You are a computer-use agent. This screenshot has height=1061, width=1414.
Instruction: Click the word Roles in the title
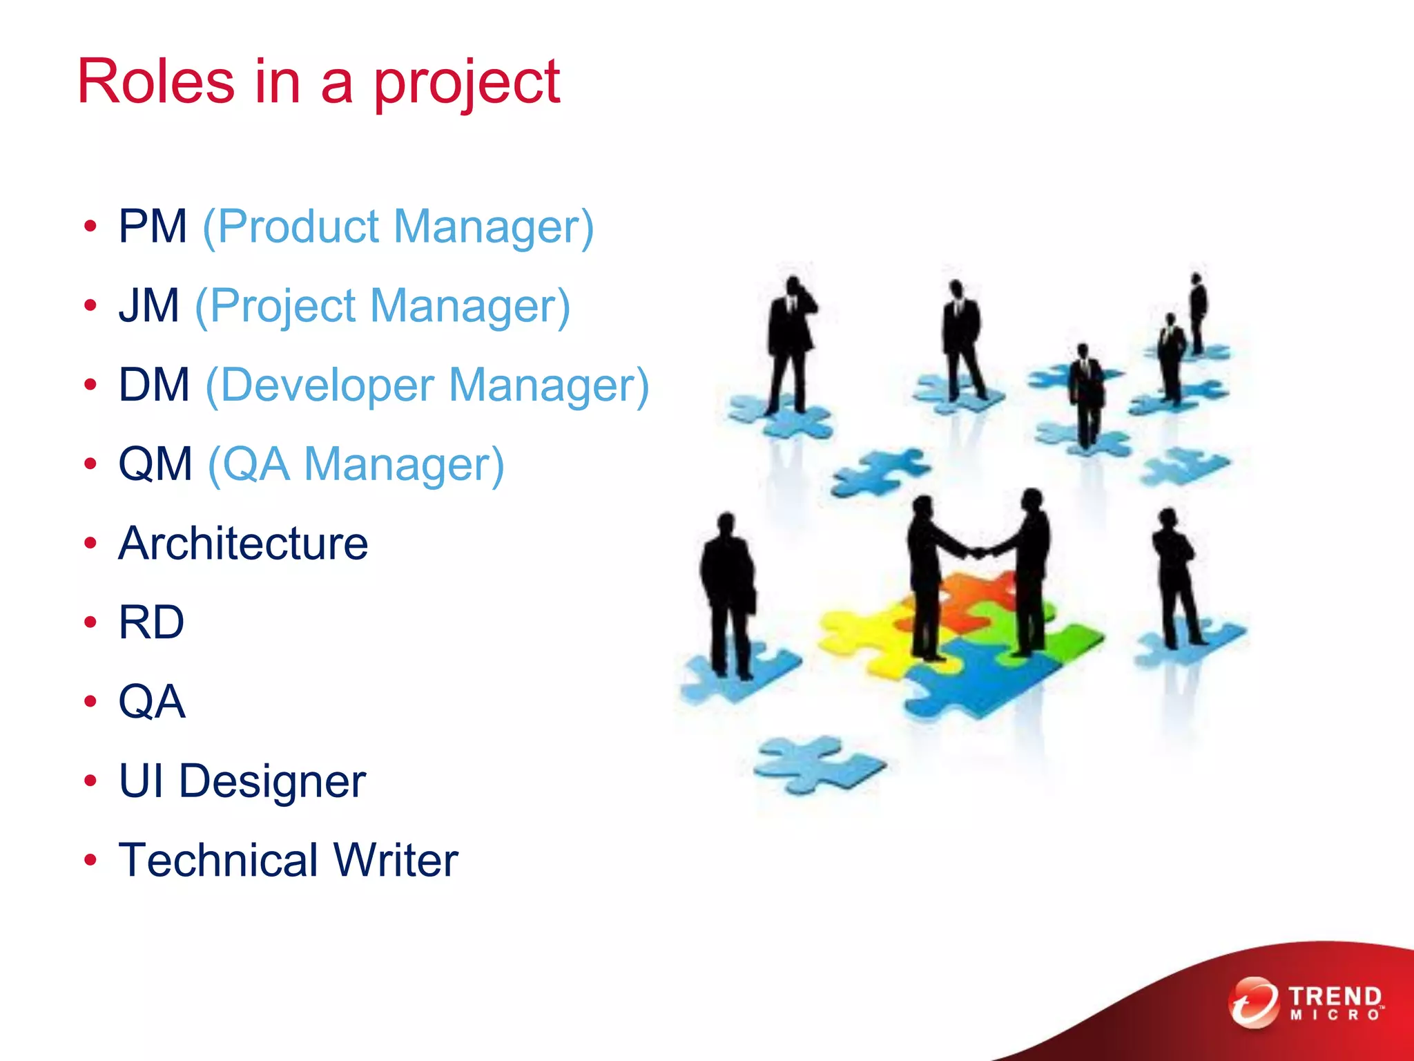pyautogui.click(x=156, y=82)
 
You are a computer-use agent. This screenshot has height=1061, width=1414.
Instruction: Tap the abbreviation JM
pyautogui.click(x=149, y=305)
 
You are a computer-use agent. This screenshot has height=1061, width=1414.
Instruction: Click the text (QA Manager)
pyautogui.click(x=356, y=464)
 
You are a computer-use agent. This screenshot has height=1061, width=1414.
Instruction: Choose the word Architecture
pyautogui.click(x=243, y=544)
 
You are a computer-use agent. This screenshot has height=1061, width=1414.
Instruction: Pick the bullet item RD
pyautogui.click(x=151, y=622)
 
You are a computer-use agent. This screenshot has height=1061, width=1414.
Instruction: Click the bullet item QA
pyautogui.click(x=152, y=702)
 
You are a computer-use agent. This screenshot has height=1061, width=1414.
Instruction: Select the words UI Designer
pyautogui.click(x=242, y=781)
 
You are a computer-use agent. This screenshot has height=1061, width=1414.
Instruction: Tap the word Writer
pyautogui.click(x=396, y=860)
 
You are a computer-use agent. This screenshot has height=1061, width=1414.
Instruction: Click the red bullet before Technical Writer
pyautogui.click(x=90, y=860)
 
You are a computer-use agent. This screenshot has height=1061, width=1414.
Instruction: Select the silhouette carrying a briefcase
pyautogui.click(x=728, y=594)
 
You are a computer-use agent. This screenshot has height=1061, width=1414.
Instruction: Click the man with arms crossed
pyautogui.click(x=1174, y=573)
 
